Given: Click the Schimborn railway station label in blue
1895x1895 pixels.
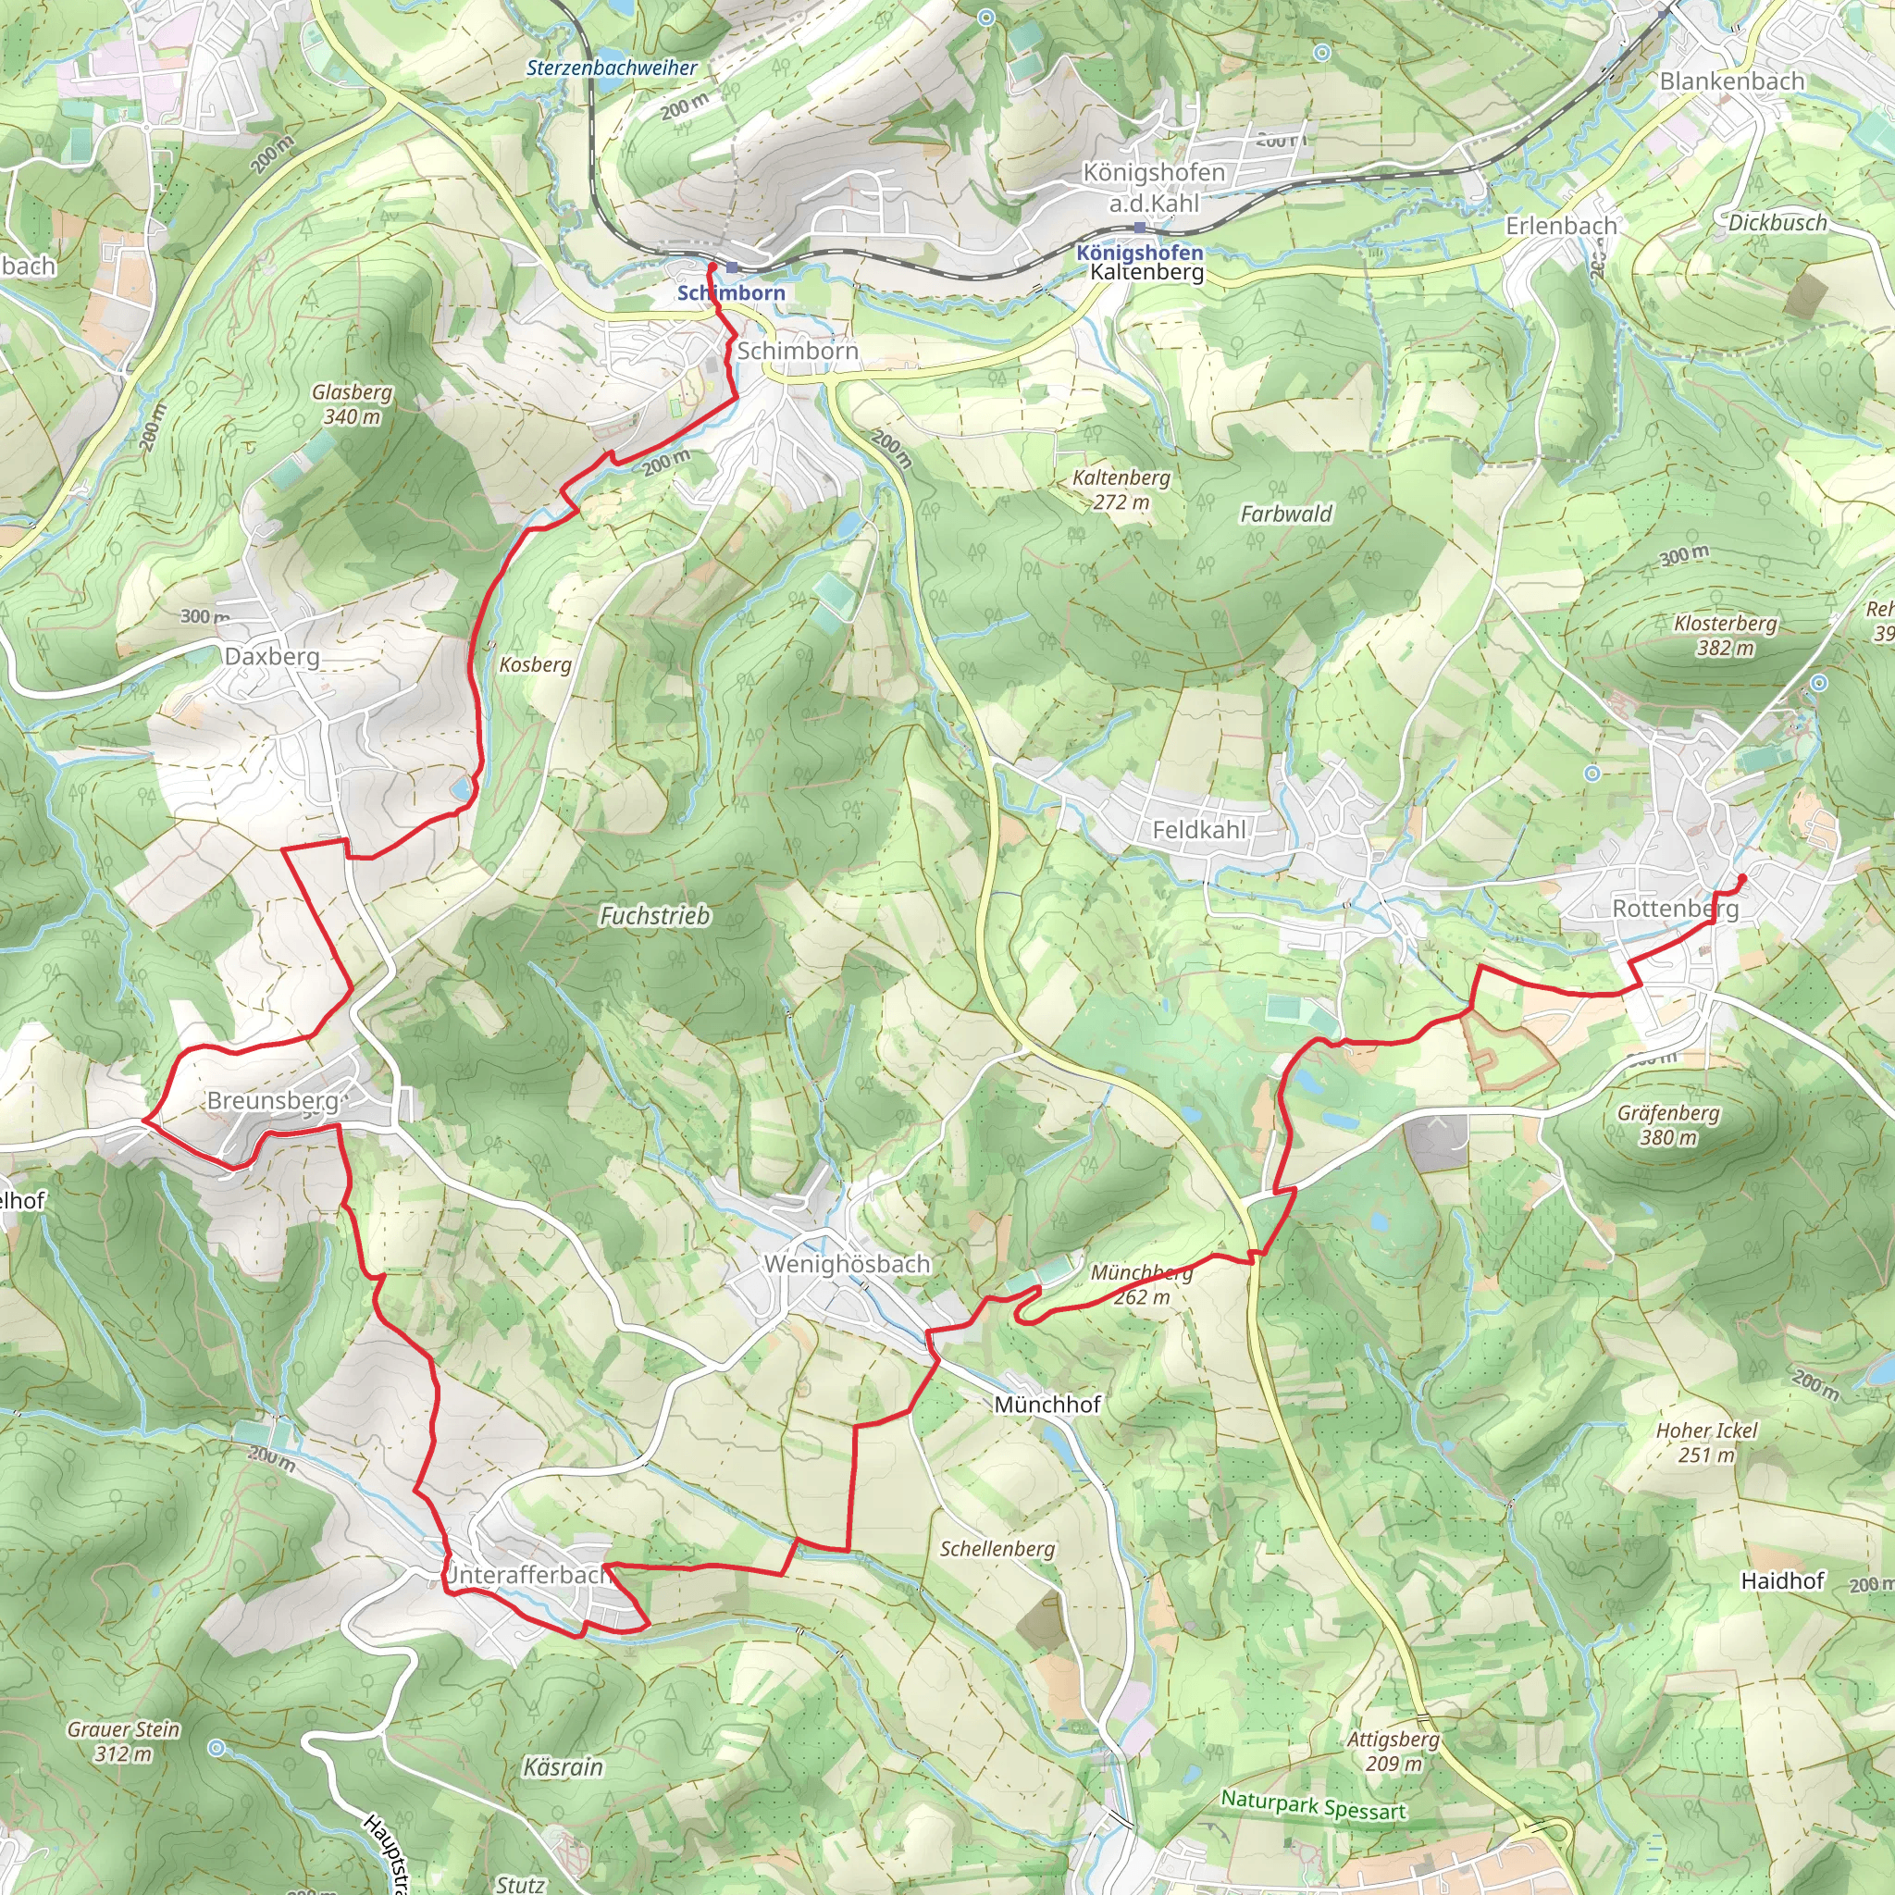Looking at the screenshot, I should click(x=731, y=292).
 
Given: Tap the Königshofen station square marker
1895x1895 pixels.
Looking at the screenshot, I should click(x=1139, y=228).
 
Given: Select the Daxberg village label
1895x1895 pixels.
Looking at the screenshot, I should click(x=272, y=656).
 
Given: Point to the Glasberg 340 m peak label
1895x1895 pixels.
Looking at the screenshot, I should click(x=353, y=404).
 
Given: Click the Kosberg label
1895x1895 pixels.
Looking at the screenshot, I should click(x=535, y=665).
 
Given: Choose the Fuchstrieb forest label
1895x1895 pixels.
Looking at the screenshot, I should click(x=654, y=916).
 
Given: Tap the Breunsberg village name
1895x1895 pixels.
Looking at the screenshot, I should click(x=272, y=1100).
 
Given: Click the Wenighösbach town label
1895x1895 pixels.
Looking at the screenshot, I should click(x=847, y=1264).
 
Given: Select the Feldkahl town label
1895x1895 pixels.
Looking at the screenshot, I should click(x=1198, y=831).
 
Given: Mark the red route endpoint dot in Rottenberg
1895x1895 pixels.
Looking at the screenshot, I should click(x=1742, y=878).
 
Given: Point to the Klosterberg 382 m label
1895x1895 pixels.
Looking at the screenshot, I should click(x=1726, y=636).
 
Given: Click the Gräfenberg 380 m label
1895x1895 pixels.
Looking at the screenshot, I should click(x=1668, y=1125).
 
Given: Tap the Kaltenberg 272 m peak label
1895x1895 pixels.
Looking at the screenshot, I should click(x=1121, y=489).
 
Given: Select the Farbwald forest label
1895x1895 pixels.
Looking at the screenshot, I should click(x=1286, y=514).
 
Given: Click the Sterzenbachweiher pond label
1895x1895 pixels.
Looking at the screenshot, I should click(x=611, y=68).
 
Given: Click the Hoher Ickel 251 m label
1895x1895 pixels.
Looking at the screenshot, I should click(x=1706, y=1443).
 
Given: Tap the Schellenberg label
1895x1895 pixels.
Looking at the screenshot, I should click(x=997, y=1549).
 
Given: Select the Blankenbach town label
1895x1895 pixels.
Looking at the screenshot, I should click(x=1732, y=81).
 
